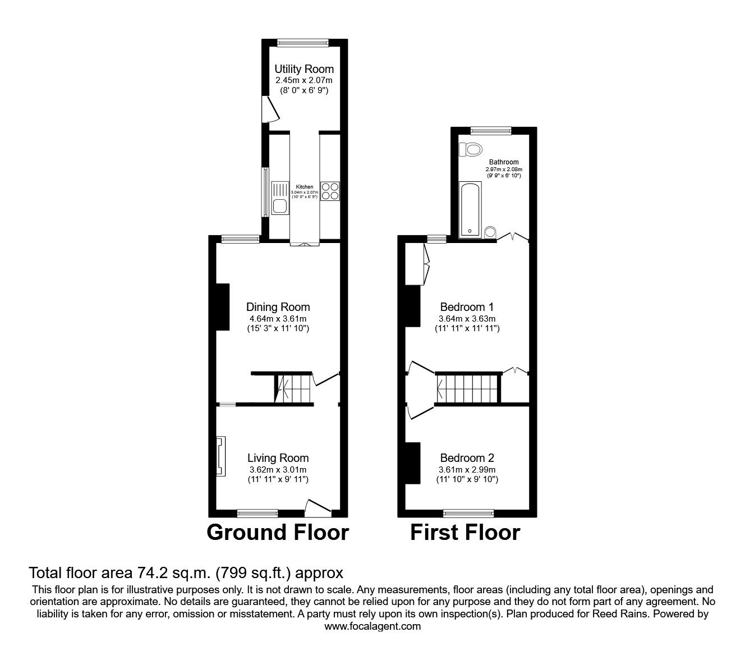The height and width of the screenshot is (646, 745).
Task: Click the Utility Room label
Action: tap(303, 69)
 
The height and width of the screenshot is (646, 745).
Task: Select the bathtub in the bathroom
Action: tap(470, 209)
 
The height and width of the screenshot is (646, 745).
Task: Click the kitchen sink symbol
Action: tap(279, 198)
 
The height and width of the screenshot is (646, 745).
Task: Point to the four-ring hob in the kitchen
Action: tap(330, 191)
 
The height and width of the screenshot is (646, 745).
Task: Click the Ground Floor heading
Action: tap(278, 532)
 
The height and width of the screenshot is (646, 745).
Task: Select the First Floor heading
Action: tap(465, 532)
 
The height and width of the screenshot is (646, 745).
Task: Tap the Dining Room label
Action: tap(278, 307)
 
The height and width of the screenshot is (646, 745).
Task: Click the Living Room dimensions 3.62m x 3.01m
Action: tap(278, 470)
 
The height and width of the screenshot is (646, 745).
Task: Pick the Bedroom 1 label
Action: tap(467, 307)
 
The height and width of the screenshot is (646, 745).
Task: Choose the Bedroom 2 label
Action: tap(467, 458)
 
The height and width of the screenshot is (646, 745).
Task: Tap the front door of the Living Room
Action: tap(317, 507)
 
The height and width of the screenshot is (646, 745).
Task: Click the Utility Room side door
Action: tap(270, 109)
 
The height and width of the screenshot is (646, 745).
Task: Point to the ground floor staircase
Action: tap(293, 389)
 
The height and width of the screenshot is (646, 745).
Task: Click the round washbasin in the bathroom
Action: tap(490, 232)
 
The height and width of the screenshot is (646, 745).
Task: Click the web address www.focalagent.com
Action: tap(372, 626)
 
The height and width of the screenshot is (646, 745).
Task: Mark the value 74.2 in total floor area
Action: tap(148, 573)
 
